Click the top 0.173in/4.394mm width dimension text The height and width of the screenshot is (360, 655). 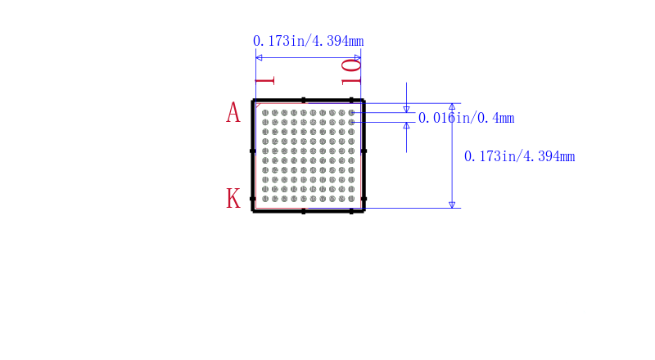[309, 41]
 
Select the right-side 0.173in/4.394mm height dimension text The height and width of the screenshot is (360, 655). [520, 156]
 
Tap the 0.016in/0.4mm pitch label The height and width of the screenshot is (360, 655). [466, 118]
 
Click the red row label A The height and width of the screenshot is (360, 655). [233, 113]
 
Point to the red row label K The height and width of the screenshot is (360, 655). [233, 198]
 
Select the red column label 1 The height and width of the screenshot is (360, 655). [264, 81]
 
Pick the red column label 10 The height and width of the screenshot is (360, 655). [351, 72]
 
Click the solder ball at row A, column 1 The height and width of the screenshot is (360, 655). [265, 113]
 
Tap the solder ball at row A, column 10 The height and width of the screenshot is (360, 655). [351, 113]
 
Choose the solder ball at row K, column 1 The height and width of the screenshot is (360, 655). [265, 199]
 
